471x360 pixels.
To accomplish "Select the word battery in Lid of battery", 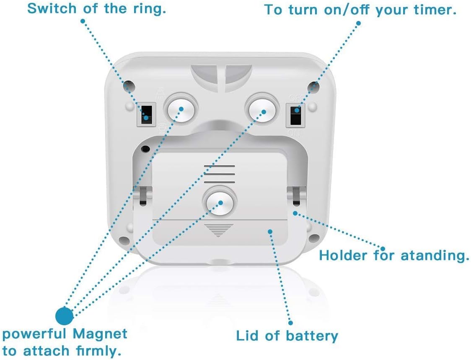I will point(312,335).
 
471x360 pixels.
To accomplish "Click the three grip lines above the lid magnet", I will point(219,174).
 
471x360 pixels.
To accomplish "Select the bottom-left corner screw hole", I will point(123,241).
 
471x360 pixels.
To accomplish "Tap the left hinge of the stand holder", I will point(143,196).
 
